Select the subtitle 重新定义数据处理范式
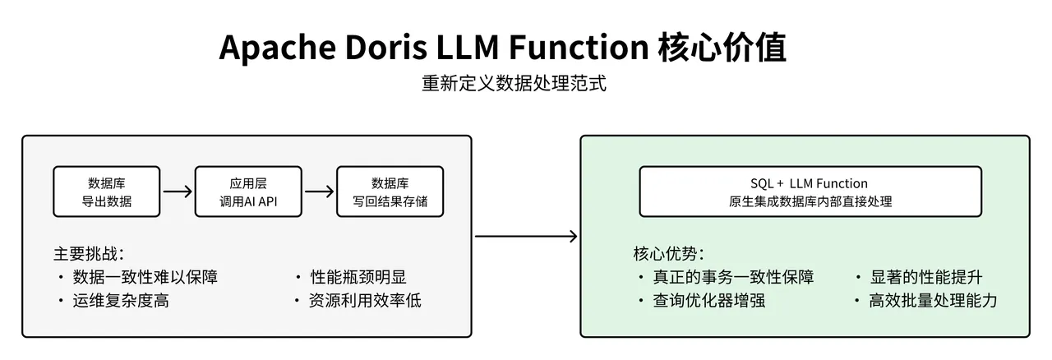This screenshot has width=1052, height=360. [514, 84]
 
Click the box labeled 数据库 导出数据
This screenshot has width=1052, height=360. [107, 192]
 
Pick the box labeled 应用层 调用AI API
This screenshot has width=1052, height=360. [248, 192]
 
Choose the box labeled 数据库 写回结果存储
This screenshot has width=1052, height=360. [390, 192]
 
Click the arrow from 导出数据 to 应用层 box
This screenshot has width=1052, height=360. [178, 192]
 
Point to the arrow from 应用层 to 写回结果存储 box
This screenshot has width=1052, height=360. [320, 192]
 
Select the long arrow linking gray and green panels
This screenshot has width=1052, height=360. [526, 237]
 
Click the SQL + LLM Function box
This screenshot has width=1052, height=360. [810, 192]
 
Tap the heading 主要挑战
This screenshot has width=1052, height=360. [89, 253]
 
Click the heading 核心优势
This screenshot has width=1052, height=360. [668, 253]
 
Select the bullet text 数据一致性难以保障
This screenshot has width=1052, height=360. [145, 277]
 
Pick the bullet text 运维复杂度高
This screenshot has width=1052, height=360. [121, 301]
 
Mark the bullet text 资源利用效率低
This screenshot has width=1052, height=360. [366, 301]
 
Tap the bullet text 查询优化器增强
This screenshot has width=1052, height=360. [709, 301]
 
